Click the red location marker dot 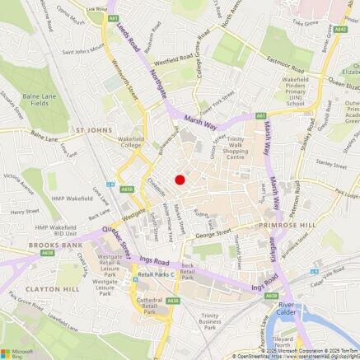click(180, 180)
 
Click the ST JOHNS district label click(93, 129)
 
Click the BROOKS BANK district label click(30, 245)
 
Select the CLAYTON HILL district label click(30, 289)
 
